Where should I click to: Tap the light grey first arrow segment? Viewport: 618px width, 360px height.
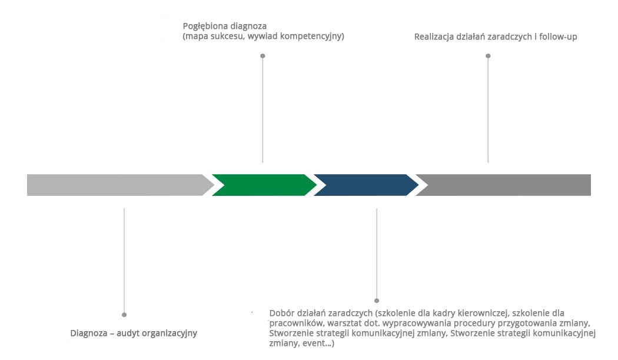coord(118,185)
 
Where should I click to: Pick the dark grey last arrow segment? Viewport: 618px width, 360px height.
coord(506,185)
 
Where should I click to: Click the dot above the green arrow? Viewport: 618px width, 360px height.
coord(263,56)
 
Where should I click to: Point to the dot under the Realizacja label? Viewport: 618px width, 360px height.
coord(488,56)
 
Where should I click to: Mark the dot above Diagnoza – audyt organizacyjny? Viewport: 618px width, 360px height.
coord(124,315)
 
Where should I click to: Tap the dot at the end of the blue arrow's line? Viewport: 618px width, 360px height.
coord(377,301)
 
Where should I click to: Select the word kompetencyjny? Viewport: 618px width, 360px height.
coord(313,36)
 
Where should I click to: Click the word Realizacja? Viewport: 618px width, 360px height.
coord(434,36)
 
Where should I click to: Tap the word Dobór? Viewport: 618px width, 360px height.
coord(281,313)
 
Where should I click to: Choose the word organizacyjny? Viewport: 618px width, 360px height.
coord(171,333)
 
